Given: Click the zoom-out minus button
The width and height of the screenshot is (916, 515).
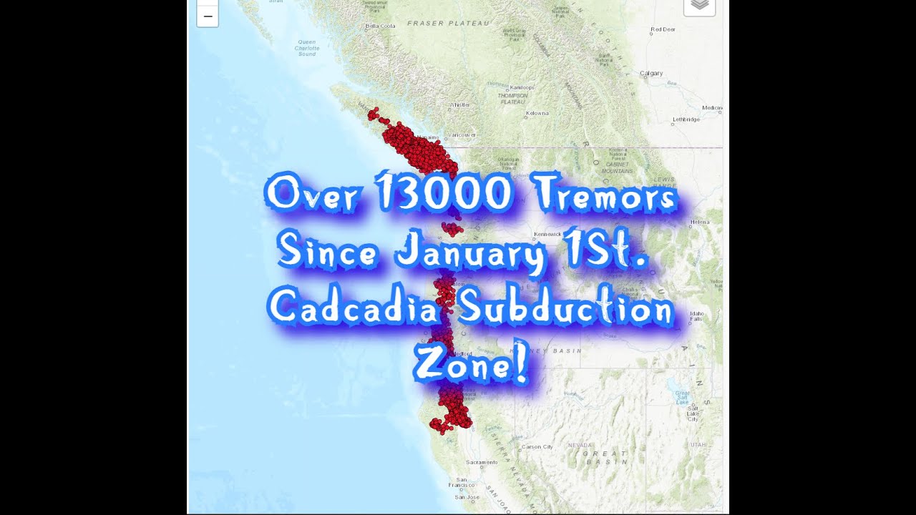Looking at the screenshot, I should click(208, 16).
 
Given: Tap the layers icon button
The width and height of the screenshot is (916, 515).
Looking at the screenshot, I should click(699, 5).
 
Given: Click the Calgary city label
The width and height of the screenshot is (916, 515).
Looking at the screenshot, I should click(651, 73).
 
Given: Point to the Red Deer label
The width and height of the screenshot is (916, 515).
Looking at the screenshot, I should click(663, 29).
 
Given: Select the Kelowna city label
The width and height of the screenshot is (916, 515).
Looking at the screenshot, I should click(537, 113).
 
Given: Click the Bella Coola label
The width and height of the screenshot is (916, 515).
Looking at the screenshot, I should click(380, 26).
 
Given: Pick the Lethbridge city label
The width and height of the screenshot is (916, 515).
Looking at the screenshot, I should click(686, 119).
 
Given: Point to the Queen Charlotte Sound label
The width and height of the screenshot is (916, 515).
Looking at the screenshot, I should click(307, 48).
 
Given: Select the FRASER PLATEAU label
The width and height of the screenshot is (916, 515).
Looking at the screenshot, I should click(448, 23).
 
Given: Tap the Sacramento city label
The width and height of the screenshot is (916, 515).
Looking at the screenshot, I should click(482, 463).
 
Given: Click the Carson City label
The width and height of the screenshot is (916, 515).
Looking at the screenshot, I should click(537, 447).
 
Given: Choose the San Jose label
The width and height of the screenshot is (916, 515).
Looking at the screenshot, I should click(467, 497).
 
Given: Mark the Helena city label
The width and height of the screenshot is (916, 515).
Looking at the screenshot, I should click(699, 222).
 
